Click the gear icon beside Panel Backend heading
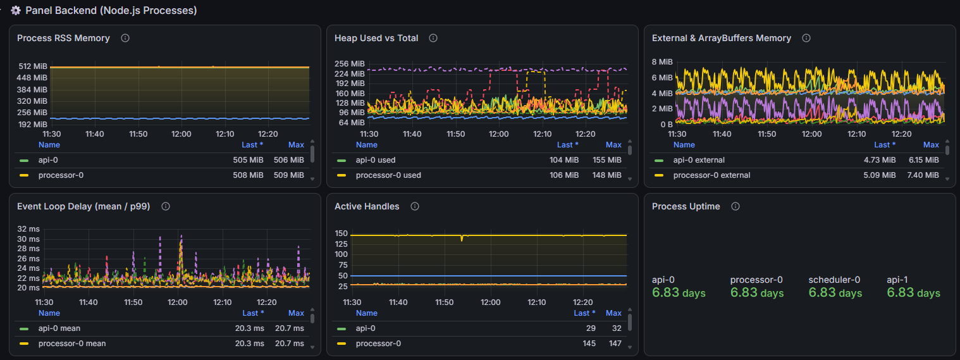pos(16,10)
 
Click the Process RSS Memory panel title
pos(63,38)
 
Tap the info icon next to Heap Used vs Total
pos(433,38)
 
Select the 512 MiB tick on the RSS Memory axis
pos(33,66)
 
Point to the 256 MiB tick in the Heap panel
pos(350,64)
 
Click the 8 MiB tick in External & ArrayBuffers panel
pos(662,62)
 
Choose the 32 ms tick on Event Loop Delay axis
pos(28,229)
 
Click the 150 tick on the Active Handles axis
pos(341,233)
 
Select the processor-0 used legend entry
pos(388,175)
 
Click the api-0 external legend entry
pos(699,160)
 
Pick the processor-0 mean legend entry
pos(72,344)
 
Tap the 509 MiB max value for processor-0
pos(289,175)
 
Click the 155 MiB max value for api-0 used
pos(607,160)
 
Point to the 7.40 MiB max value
pos(923,175)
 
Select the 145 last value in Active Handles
pos(589,344)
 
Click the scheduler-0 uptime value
pos(835,293)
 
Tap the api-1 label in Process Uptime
pos(897,280)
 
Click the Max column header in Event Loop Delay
pos(296,313)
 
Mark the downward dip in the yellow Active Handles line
pos(462,239)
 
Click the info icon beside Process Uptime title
pos(735,206)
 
